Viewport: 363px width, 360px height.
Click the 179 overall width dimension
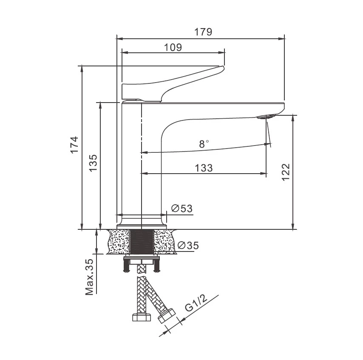(x=203, y=32)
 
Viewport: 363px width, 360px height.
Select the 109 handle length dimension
(x=173, y=48)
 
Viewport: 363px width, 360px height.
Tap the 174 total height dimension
(x=74, y=145)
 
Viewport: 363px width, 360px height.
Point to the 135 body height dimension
(x=93, y=163)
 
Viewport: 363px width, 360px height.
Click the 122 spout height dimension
(x=286, y=172)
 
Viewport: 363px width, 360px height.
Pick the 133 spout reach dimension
(x=204, y=168)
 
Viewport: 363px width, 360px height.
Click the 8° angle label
(x=204, y=144)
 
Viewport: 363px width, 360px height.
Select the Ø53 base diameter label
(x=182, y=209)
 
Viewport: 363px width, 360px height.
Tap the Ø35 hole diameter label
(x=188, y=245)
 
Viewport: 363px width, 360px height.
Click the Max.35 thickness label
(x=89, y=277)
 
